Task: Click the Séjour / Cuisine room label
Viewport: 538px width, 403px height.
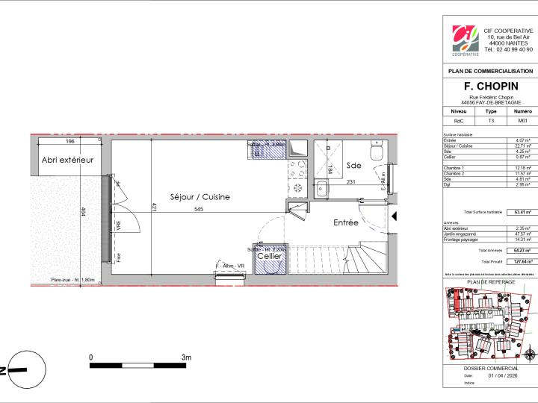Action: tap(200, 197)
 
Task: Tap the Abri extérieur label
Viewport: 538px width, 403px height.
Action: tap(68, 160)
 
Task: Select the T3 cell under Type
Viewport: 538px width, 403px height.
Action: tap(490, 120)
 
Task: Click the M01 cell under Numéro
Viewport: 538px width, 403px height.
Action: tap(522, 120)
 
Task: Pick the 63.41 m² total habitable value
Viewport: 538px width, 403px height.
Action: tap(522, 213)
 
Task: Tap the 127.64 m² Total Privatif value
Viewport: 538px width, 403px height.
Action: tap(521, 262)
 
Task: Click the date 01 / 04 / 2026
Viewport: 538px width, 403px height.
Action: tap(502, 375)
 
